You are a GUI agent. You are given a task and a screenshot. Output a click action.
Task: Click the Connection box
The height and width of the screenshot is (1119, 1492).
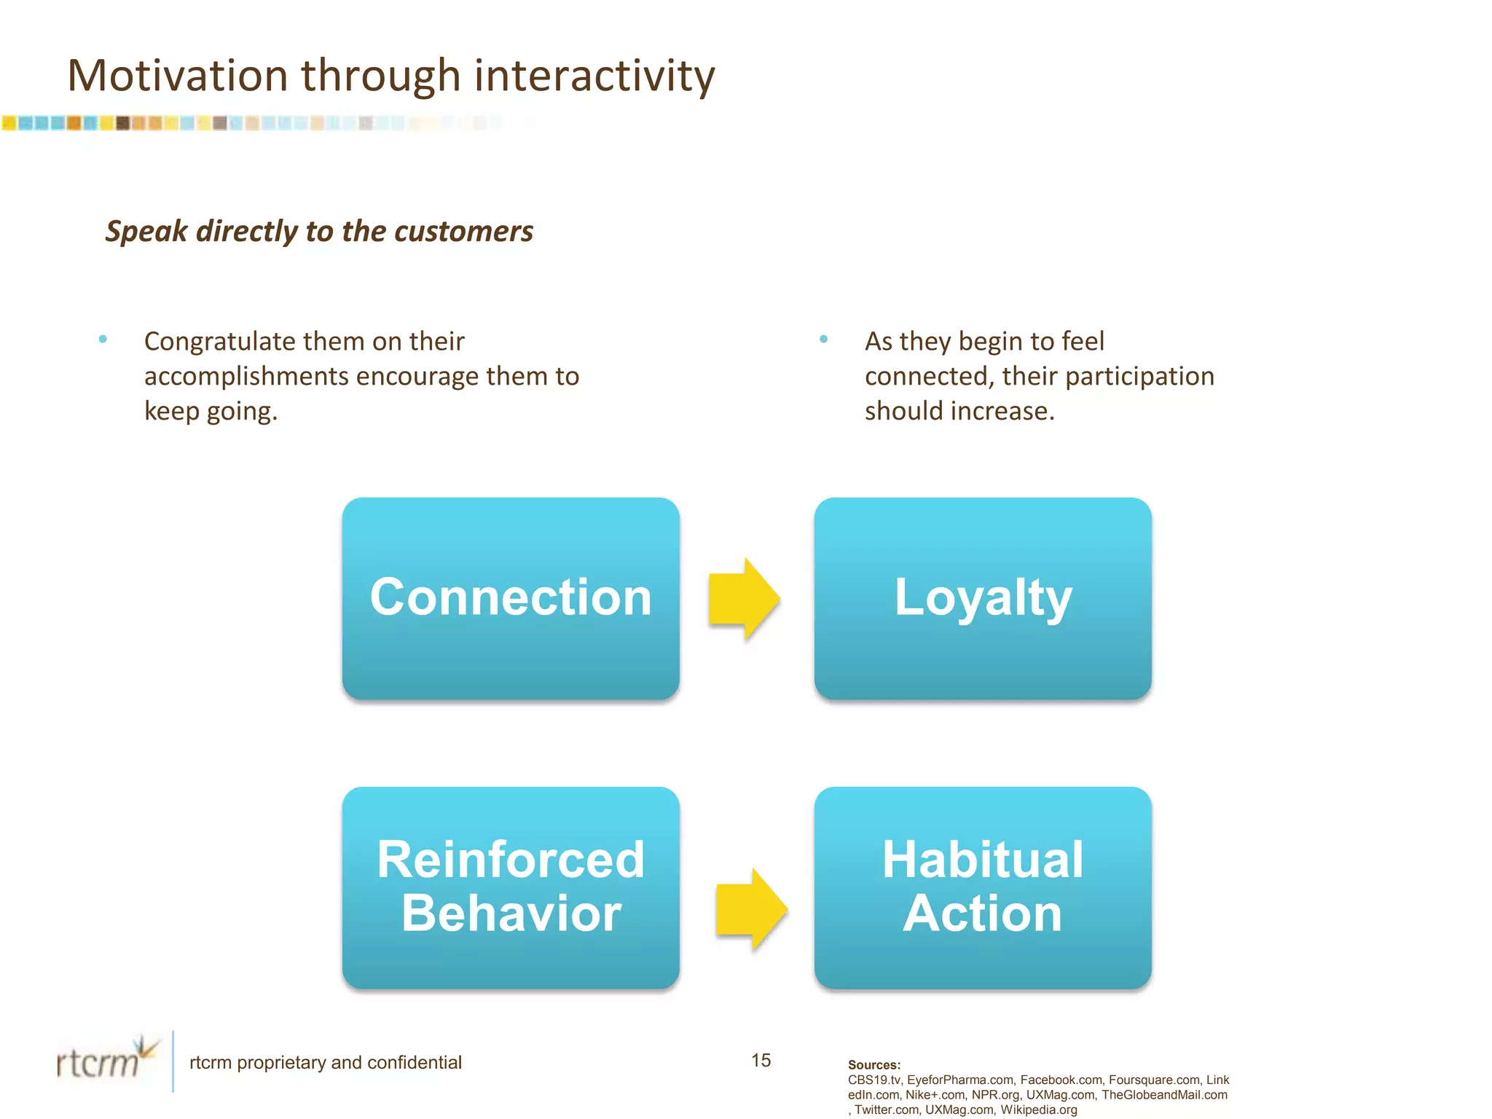511,598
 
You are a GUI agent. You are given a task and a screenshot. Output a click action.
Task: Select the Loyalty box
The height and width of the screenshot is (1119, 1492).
983,598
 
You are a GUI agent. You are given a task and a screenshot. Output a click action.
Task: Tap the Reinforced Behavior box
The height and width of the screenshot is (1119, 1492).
511,887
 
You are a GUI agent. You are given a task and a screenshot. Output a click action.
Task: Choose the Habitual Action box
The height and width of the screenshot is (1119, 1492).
983,887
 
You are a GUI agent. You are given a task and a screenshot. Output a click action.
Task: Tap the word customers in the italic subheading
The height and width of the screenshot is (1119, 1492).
464,232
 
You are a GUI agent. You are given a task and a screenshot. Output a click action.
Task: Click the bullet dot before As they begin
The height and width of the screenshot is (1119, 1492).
823,339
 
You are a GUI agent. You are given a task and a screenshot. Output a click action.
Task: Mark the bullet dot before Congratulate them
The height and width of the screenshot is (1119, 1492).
103,339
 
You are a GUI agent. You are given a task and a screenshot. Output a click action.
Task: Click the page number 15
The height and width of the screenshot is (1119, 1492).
761,1060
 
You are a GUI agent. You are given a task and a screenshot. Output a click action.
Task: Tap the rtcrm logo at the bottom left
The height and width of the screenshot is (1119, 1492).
106,1060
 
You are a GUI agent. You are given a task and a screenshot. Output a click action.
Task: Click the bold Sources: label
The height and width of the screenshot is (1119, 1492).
873,1064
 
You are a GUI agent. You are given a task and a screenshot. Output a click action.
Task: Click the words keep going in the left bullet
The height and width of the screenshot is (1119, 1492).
210,411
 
